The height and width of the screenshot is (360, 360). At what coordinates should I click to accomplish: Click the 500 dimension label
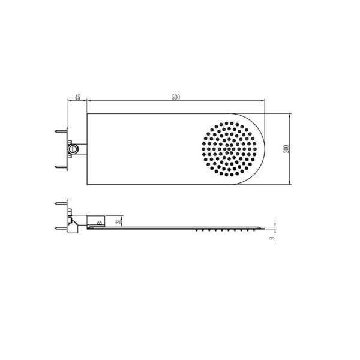[x=175, y=97]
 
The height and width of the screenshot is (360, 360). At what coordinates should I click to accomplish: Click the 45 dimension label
[x=77, y=97]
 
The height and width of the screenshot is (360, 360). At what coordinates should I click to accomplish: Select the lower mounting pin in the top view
[x=60, y=167]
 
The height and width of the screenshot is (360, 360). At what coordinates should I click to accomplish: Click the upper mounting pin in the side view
[x=60, y=203]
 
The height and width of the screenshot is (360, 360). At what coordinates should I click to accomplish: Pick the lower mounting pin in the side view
[x=60, y=227]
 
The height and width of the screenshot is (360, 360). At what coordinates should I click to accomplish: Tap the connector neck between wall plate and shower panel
[x=82, y=148]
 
